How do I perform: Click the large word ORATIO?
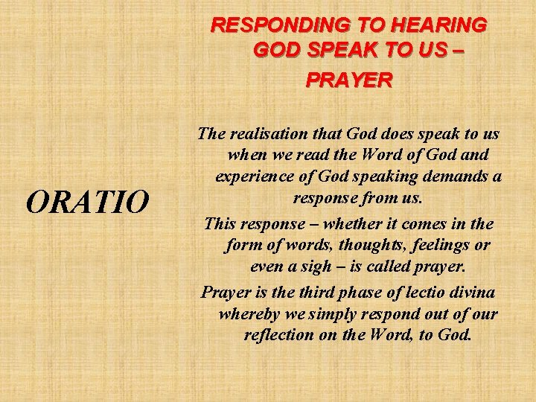pyautogui.click(x=86, y=201)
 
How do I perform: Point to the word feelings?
pyautogui.click(x=445, y=245)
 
